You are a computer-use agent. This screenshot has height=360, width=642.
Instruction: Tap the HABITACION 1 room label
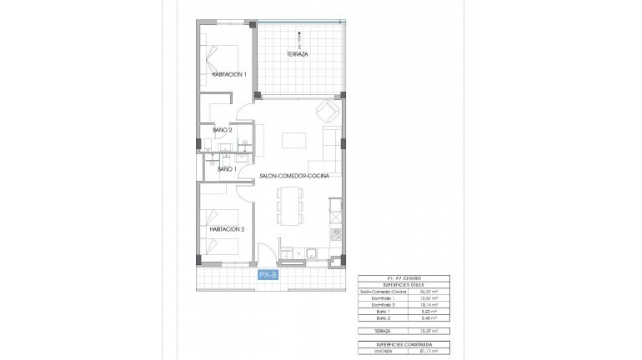point(228,74)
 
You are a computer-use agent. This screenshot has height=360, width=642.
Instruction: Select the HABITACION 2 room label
point(227,228)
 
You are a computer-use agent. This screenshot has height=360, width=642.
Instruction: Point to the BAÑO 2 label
point(222,130)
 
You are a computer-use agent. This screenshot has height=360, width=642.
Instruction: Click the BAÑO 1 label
point(227,169)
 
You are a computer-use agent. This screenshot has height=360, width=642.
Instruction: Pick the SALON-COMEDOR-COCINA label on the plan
point(294,176)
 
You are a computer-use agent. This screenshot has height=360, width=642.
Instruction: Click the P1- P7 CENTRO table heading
point(404,277)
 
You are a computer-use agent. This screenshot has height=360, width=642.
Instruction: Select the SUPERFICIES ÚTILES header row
point(404,284)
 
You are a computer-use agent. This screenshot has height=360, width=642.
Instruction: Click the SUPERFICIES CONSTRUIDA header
point(404,343)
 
